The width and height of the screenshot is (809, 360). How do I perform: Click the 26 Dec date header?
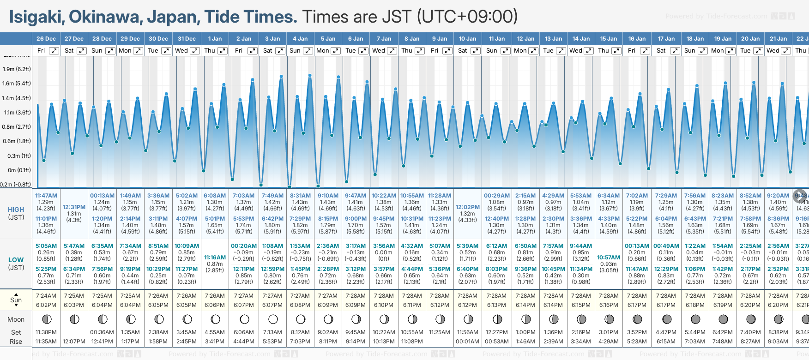coord(46,39)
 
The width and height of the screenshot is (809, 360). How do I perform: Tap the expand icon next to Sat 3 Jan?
coord(280,51)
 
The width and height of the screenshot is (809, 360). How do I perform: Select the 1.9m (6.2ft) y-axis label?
coord(17,69)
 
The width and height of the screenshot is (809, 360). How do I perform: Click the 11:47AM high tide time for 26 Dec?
coord(46,196)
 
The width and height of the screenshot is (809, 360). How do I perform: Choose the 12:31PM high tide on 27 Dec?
coord(74,207)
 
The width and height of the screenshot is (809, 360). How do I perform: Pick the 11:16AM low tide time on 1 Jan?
coord(215,258)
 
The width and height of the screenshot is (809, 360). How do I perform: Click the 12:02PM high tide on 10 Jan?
coord(467,207)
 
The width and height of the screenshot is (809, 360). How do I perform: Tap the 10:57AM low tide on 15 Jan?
coord(609,258)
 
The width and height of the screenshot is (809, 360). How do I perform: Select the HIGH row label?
coord(16,210)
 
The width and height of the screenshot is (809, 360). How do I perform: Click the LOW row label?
coord(16,260)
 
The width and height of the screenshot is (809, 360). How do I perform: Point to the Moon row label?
coord(16,319)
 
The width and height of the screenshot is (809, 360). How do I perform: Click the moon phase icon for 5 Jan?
coord(328,319)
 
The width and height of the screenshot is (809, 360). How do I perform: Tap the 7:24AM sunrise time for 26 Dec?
coord(46,296)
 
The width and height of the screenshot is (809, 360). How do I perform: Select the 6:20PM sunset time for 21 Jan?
coord(778,305)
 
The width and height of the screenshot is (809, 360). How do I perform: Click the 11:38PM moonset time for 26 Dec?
coord(46,332)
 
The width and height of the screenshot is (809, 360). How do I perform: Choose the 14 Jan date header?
coord(581,39)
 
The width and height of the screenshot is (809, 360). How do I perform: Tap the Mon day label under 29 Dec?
coord(125,51)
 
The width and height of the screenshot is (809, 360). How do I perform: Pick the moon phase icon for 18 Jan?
coord(695,319)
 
